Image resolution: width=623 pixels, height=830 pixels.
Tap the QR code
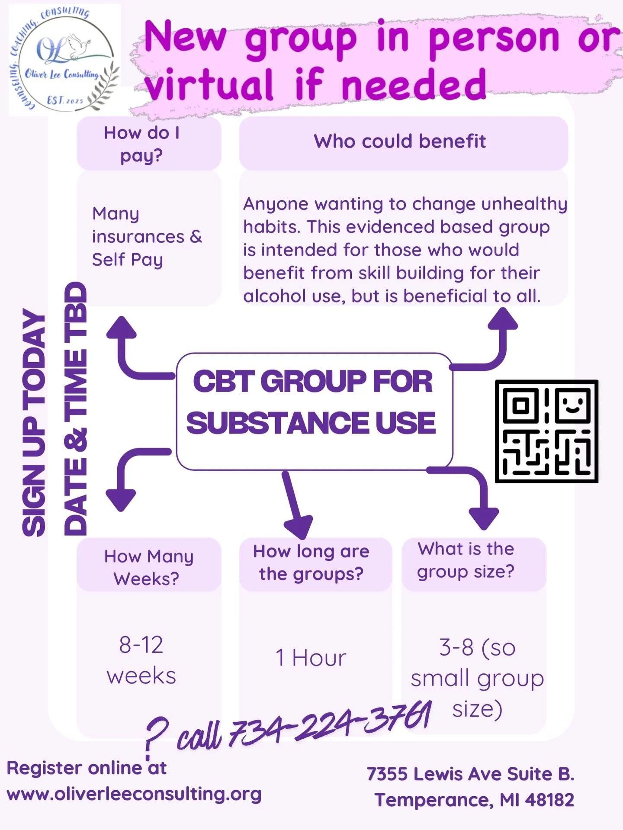(x=546, y=431)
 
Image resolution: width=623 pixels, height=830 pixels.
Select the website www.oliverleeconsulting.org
(x=134, y=794)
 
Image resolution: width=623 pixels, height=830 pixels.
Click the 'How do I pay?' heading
(x=141, y=144)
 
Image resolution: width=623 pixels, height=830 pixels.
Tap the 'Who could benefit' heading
(x=400, y=142)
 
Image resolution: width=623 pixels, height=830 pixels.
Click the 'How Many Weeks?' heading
(x=148, y=567)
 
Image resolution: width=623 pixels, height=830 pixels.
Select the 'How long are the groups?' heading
(x=311, y=563)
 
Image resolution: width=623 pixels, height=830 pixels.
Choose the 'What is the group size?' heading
(x=466, y=560)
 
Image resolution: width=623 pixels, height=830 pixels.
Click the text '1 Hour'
(x=311, y=658)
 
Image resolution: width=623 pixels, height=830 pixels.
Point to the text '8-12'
(x=141, y=645)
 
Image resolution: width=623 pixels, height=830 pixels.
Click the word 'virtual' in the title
(x=209, y=84)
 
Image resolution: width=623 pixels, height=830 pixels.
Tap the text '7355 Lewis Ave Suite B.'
(x=470, y=774)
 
